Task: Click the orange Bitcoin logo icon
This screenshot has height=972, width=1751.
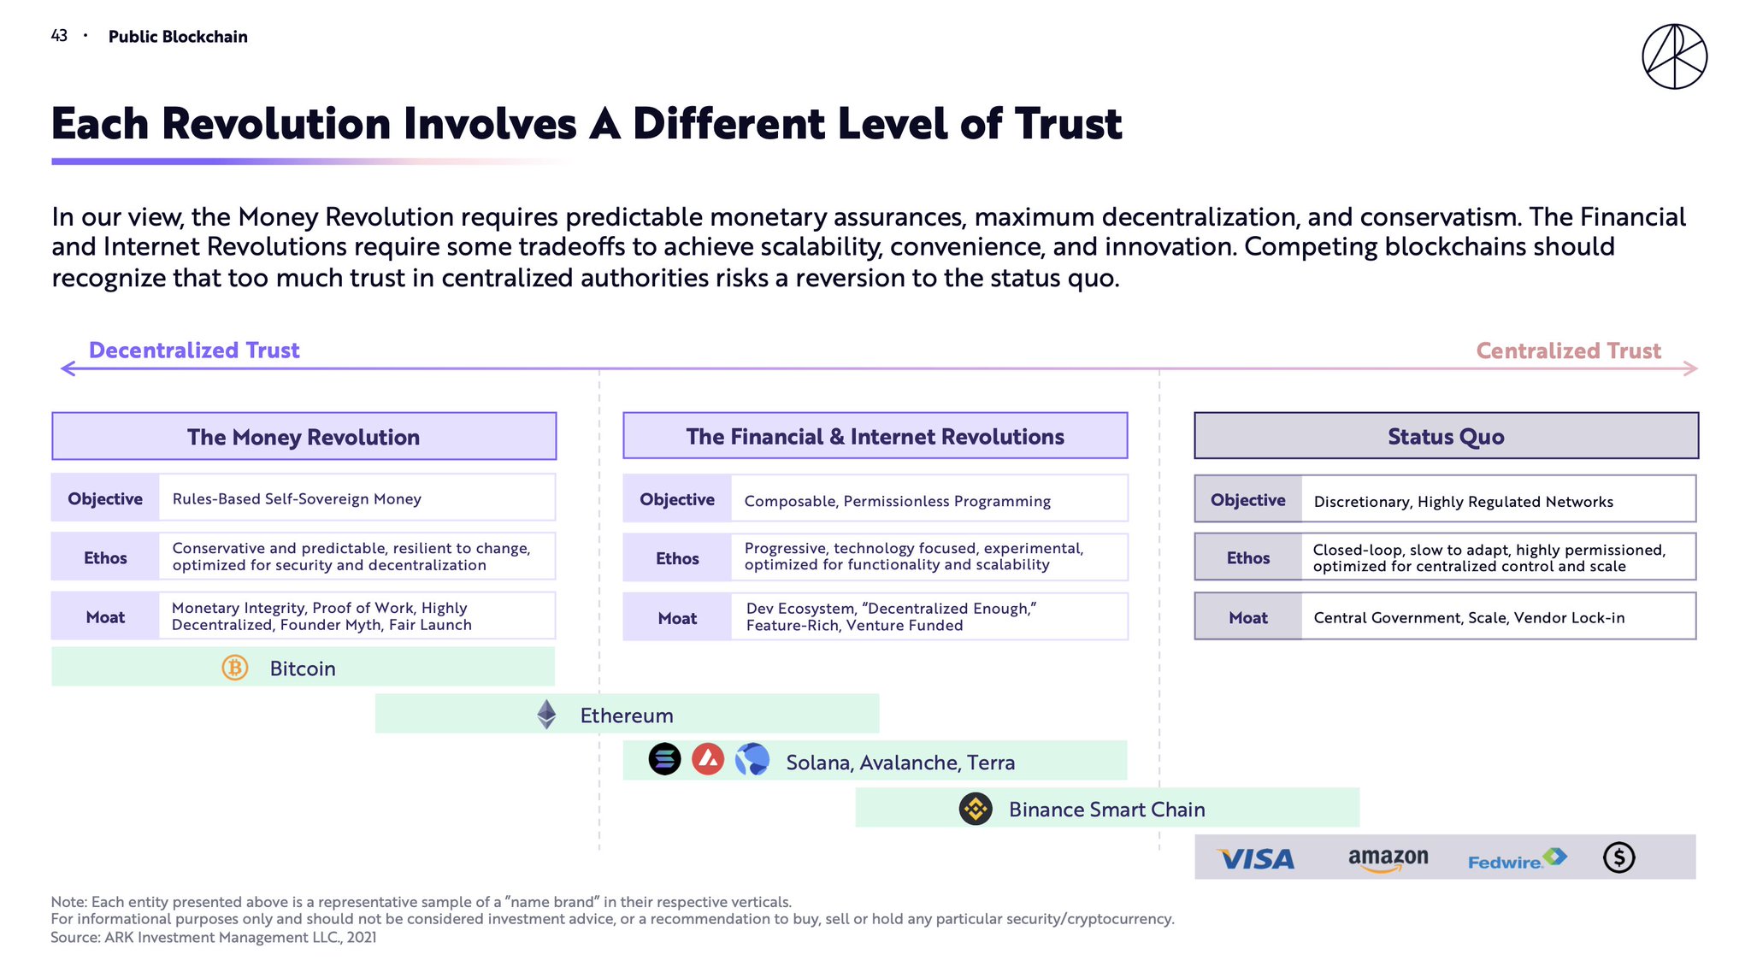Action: click(235, 668)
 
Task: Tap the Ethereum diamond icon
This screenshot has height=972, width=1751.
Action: click(546, 715)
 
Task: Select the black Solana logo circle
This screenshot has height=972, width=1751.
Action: click(664, 759)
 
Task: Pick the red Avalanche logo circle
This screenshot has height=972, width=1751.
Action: click(708, 759)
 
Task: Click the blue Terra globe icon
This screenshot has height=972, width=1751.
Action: click(752, 759)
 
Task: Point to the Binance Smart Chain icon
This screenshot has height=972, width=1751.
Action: click(976, 809)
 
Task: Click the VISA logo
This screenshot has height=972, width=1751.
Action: click(1256, 858)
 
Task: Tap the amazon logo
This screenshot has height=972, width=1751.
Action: click(1388, 858)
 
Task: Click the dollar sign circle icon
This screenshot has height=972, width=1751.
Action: click(1618, 857)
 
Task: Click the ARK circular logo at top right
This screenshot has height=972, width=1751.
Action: click(1674, 56)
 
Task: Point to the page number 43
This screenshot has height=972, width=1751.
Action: click(59, 36)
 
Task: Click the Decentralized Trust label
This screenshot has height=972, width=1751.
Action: click(194, 351)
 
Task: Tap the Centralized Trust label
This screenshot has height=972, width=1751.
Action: click(1568, 351)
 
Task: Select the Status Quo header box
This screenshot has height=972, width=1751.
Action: click(1446, 436)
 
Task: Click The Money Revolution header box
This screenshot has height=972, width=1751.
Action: click(304, 437)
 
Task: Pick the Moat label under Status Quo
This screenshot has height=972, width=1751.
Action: click(1247, 617)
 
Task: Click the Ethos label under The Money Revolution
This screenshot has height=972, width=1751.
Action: click(105, 557)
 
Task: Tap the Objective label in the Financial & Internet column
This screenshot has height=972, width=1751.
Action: click(677, 499)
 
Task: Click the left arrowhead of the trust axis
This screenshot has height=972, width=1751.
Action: click(68, 368)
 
